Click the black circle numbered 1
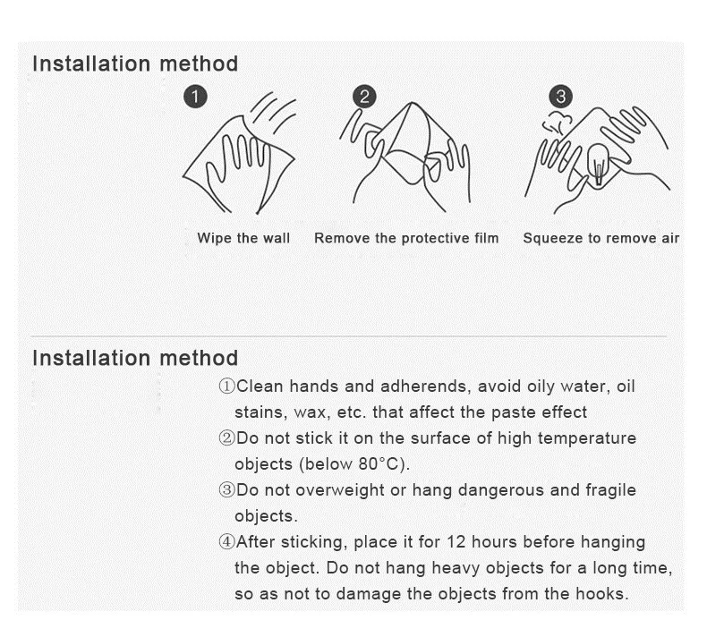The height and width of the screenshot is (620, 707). click(x=195, y=97)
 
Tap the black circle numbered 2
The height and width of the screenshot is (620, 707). click(x=364, y=97)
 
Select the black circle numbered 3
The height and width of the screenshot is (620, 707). click(x=560, y=97)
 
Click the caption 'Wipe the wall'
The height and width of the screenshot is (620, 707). click(x=243, y=238)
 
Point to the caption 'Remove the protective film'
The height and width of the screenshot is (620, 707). click(x=406, y=238)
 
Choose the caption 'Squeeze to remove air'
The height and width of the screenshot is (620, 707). click(x=601, y=238)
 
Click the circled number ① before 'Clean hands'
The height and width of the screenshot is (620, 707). click(x=226, y=386)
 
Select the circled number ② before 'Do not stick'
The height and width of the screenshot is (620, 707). click(x=226, y=438)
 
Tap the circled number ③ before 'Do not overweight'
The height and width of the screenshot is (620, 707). click(x=226, y=490)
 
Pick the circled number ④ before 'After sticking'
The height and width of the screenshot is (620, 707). click(x=226, y=542)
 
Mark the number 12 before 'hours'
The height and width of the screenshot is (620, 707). click(x=456, y=542)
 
